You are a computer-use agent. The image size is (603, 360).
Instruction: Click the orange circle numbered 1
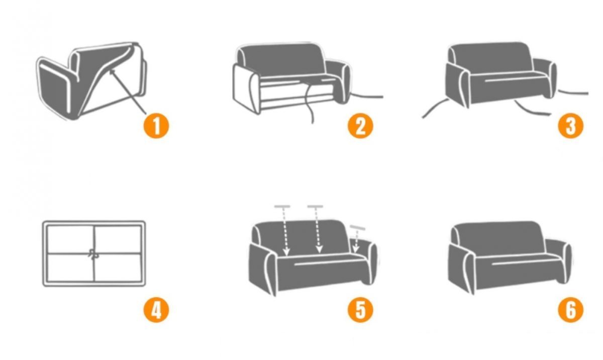(156, 126)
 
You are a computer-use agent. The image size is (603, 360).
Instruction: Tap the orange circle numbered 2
(360, 126)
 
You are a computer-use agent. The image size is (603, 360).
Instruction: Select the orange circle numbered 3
(570, 126)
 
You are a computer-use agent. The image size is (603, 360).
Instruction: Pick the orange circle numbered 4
(156, 310)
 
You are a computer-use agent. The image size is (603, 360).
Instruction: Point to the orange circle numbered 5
(360, 310)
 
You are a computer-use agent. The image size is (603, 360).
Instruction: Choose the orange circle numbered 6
(570, 310)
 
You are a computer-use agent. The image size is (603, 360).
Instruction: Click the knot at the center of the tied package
(93, 254)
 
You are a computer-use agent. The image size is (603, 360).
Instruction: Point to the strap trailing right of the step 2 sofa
(367, 96)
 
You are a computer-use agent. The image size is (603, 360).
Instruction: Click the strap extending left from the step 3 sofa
(435, 107)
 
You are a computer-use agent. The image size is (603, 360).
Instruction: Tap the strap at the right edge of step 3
(573, 92)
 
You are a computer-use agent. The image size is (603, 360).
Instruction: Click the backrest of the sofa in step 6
(498, 238)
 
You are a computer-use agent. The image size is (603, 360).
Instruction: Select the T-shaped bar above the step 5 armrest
(357, 228)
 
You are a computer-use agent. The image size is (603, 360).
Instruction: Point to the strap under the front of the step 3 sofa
(532, 109)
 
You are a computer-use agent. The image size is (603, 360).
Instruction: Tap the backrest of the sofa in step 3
(491, 59)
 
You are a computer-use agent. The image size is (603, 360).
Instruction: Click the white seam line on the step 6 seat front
(520, 263)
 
